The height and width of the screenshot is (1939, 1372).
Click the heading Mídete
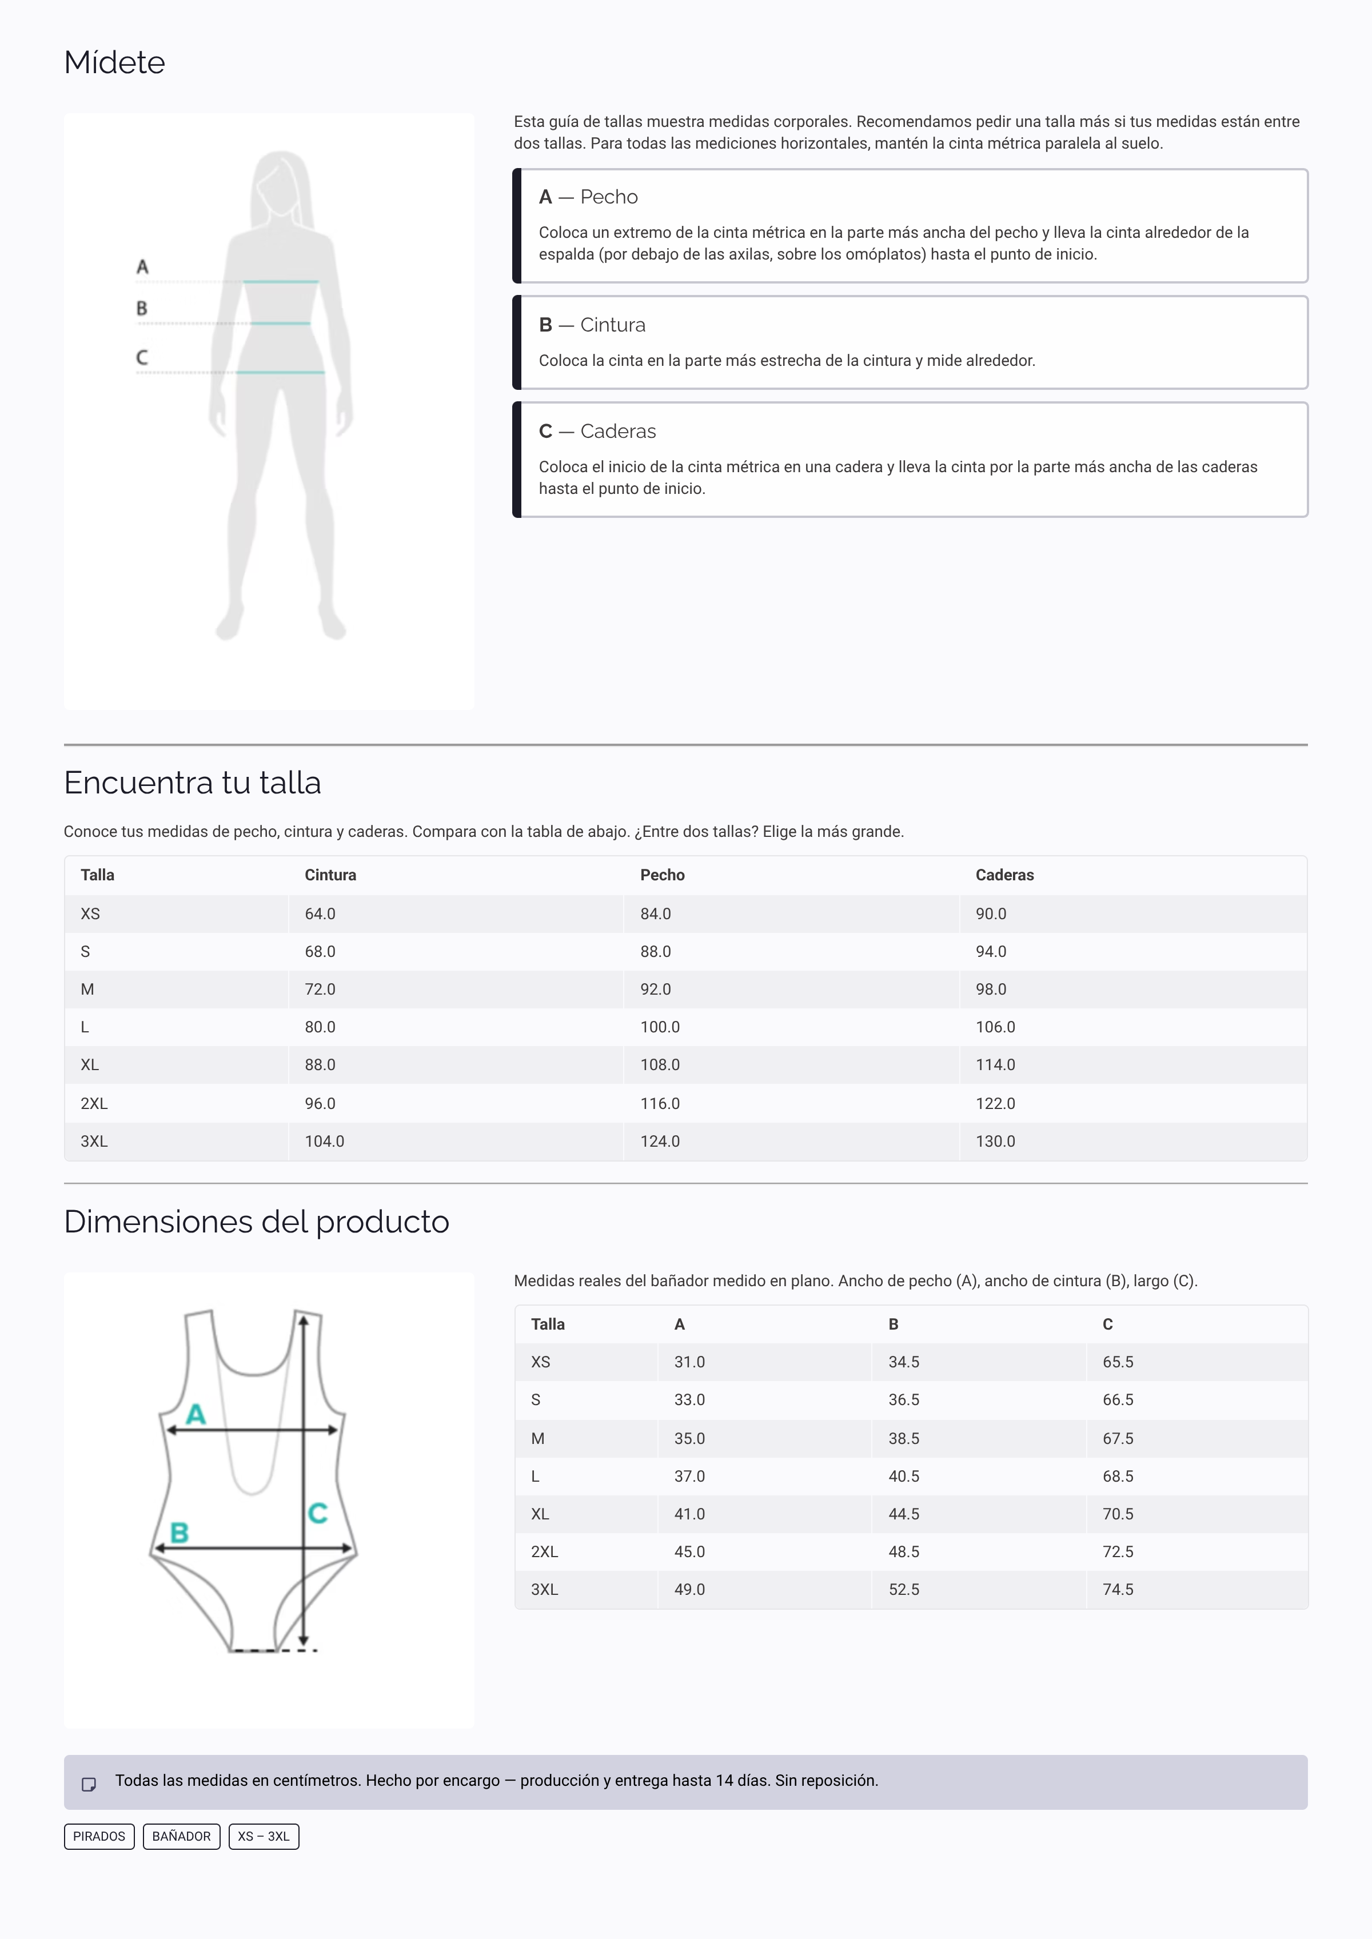(x=114, y=62)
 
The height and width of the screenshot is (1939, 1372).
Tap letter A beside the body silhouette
(x=142, y=267)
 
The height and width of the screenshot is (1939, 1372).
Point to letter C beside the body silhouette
(x=142, y=357)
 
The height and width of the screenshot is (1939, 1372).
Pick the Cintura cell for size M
(x=320, y=990)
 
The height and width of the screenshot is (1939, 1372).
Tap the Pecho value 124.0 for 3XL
(x=659, y=1142)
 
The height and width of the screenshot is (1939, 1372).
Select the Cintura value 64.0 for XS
(x=320, y=914)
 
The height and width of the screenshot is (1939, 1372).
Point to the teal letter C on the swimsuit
(x=318, y=1513)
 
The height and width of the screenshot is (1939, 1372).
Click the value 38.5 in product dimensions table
(x=903, y=1439)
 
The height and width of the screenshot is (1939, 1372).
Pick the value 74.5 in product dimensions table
(x=1117, y=1590)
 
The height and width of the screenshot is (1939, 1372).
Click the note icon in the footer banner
(x=89, y=1785)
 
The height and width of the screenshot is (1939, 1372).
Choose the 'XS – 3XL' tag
(x=264, y=1837)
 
